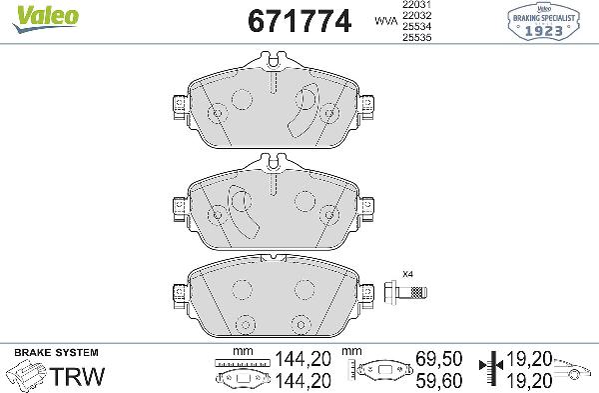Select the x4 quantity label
tap(406, 274)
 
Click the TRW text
tap(72, 377)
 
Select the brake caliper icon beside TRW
tap(26, 378)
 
